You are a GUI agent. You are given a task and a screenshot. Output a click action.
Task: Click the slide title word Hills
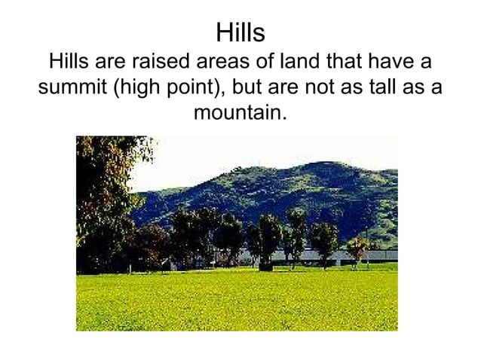[240, 34]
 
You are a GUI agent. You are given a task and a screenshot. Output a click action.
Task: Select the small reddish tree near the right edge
[356, 246]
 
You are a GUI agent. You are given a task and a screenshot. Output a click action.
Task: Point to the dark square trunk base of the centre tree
[265, 266]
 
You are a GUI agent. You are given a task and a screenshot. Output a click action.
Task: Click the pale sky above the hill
[226, 154]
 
